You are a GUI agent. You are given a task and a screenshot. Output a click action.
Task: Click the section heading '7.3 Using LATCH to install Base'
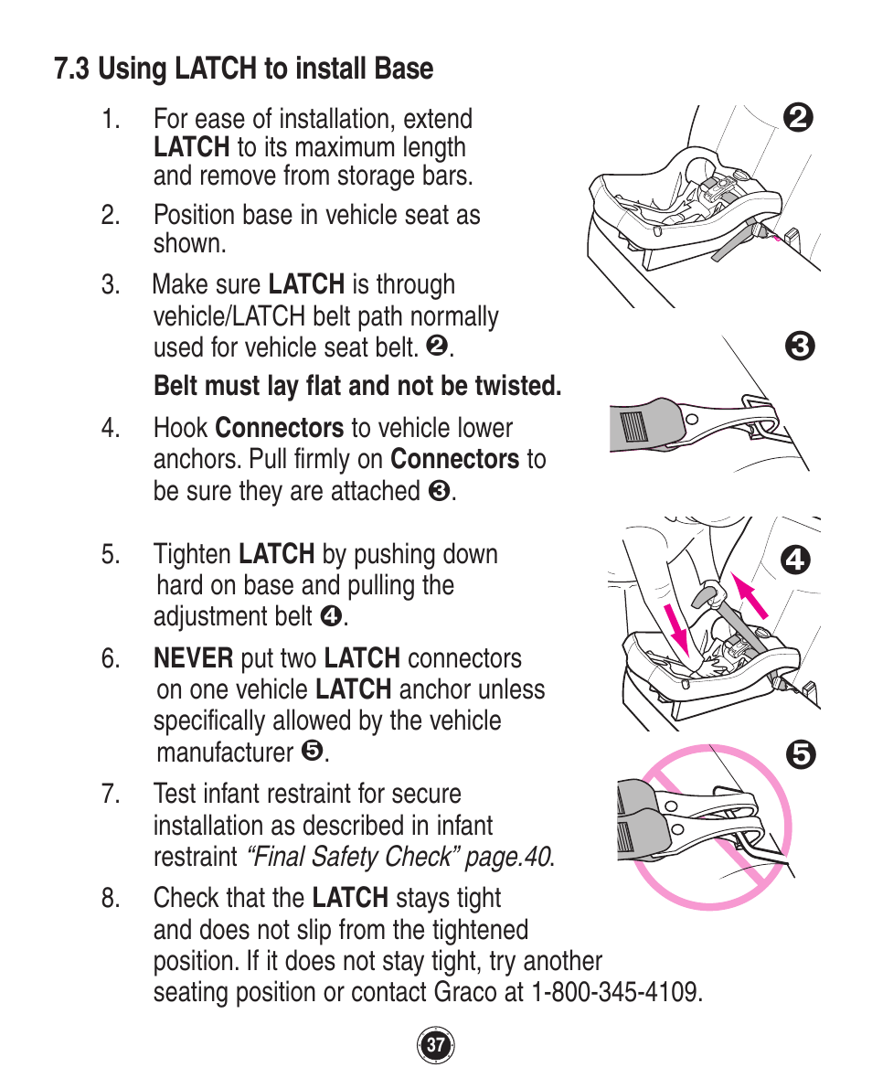[x=243, y=69]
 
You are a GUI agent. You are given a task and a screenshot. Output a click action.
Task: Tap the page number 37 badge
[x=436, y=1045]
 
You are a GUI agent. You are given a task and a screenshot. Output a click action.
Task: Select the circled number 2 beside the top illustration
[x=798, y=118]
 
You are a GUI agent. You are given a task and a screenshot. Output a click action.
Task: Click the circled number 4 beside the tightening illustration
[x=796, y=559]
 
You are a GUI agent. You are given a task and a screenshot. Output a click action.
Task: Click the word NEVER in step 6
[x=193, y=658]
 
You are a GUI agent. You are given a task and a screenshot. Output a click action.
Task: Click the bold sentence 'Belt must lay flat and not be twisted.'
[x=357, y=386]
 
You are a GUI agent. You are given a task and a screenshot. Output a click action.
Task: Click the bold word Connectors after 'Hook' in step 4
[x=280, y=428]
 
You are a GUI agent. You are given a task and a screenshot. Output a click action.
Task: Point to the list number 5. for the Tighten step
[x=111, y=555]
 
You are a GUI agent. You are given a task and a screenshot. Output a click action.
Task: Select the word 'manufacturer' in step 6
[x=225, y=752]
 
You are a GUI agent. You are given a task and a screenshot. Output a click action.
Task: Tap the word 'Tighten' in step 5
[x=192, y=555]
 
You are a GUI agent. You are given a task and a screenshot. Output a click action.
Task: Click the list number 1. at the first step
[x=111, y=120]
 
